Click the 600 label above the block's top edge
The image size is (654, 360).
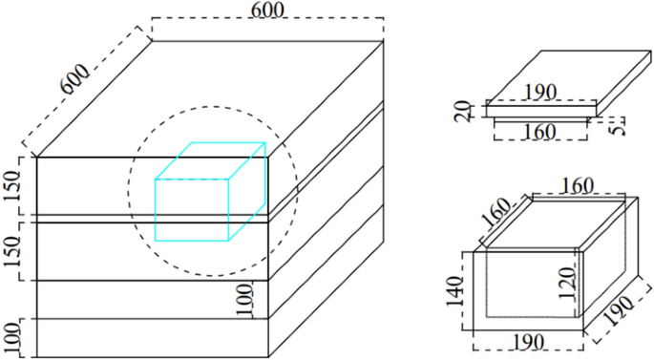271,10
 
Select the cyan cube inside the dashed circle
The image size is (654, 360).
209,191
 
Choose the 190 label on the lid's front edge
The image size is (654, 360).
541,93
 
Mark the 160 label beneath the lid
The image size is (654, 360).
540,131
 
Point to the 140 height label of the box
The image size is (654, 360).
460,289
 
